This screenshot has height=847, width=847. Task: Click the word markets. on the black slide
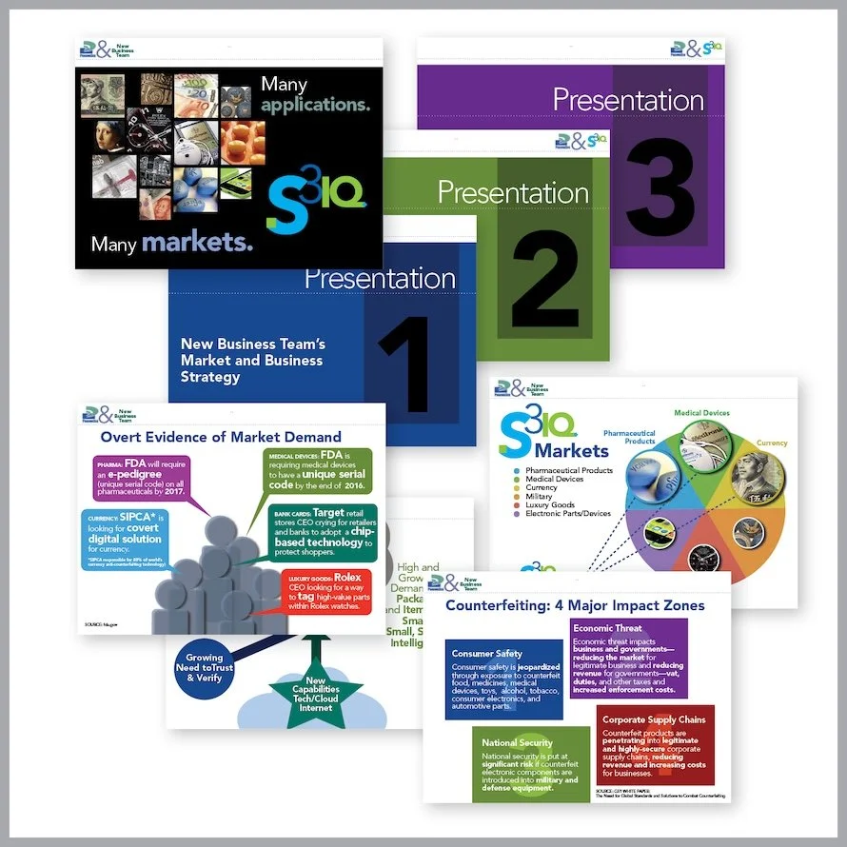(198, 244)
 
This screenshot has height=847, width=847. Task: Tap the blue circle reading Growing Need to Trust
(204, 668)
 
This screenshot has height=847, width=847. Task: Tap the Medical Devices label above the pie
(702, 413)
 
